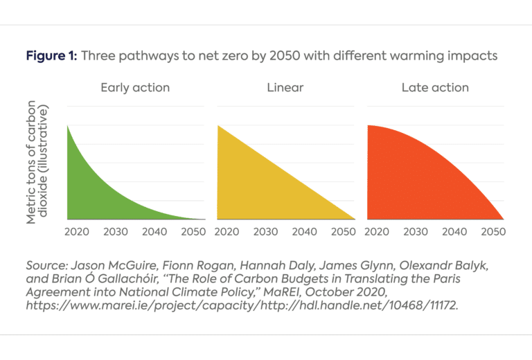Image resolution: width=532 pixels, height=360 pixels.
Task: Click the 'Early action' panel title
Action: tap(135, 88)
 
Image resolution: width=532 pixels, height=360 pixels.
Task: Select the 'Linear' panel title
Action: tap(285, 88)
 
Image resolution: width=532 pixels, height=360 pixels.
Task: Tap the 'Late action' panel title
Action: tap(435, 88)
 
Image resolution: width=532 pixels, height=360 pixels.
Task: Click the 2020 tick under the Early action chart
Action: tap(77, 231)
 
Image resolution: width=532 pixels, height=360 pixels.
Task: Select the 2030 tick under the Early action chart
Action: tap(116, 231)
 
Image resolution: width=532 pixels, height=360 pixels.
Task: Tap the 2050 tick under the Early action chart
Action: tap(193, 231)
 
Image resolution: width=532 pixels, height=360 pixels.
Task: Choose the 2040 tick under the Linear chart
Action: tap(305, 231)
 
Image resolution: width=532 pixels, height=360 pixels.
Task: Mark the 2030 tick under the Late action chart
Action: tap(415, 231)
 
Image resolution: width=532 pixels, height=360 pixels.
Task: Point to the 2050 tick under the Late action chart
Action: tap(493, 231)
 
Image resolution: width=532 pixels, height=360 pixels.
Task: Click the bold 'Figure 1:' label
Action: tap(51, 56)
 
